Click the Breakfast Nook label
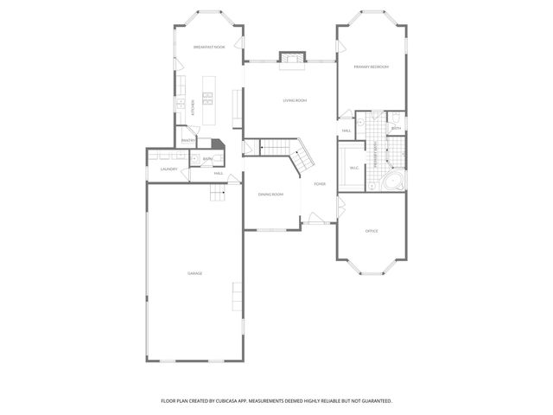tap(208, 47)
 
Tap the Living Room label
tap(295, 100)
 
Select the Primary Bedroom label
tap(371, 67)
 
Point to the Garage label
tap(195, 273)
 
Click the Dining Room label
tap(270, 195)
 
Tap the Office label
tap(372, 231)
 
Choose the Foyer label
tap(320, 184)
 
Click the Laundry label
tap(168, 169)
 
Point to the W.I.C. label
tap(354, 169)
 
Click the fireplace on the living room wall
tap(291, 58)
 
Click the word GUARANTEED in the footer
tap(374, 401)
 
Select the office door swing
tap(341, 207)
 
